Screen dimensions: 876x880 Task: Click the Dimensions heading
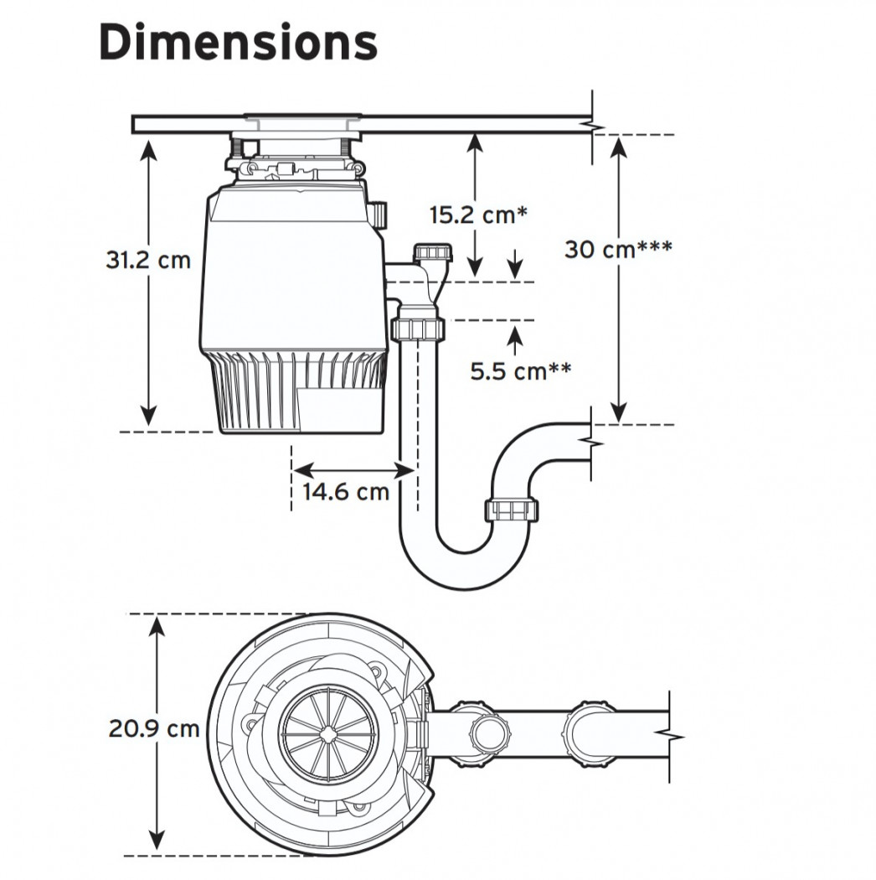[238, 43]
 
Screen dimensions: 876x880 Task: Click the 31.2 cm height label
[148, 261]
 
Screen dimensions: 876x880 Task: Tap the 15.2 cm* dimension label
[478, 215]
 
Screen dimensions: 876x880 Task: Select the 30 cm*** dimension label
[618, 249]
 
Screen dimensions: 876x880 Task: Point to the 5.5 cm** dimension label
[520, 371]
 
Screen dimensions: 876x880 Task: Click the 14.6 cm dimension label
[346, 492]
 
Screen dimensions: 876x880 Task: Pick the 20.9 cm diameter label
[154, 728]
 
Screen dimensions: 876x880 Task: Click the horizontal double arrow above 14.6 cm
[354, 470]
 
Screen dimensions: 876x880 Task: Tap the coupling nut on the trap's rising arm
[511, 510]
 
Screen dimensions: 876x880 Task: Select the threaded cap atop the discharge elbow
[432, 252]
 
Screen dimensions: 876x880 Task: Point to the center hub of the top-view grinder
[328, 733]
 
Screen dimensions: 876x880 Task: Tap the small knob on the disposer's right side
[379, 215]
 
